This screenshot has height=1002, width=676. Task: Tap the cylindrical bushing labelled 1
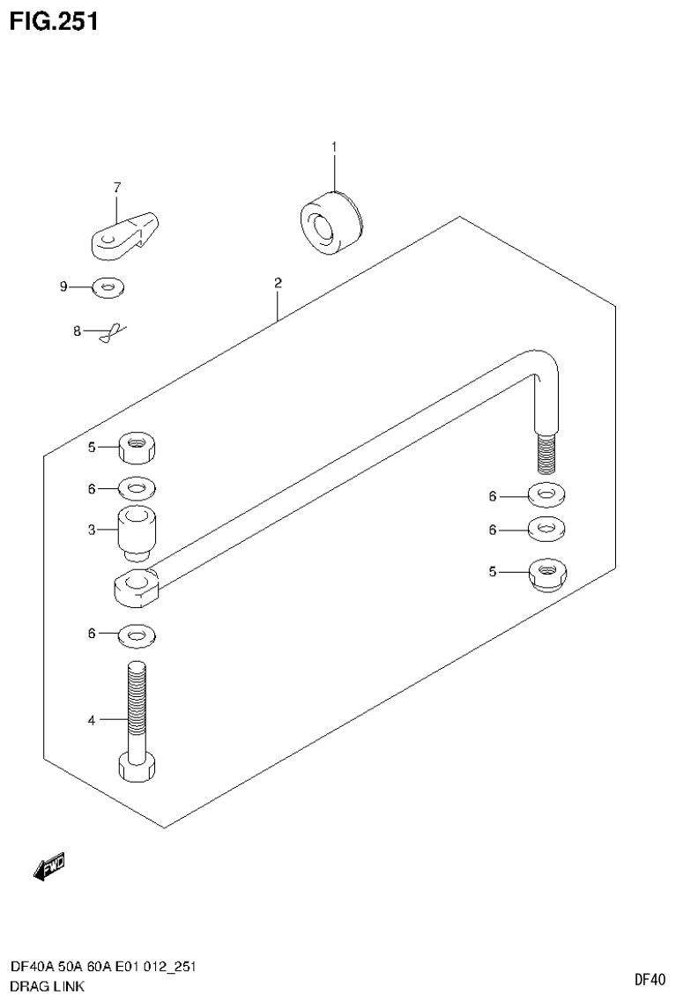point(330,222)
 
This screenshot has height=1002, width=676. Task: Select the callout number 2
point(278,284)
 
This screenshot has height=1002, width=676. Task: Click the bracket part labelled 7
point(124,234)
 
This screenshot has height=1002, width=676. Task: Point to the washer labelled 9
point(108,286)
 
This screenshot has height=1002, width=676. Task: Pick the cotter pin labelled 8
point(112,333)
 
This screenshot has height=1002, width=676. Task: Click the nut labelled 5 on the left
point(137,447)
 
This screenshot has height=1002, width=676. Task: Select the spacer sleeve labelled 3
point(137,531)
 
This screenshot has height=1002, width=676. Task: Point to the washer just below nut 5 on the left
point(137,486)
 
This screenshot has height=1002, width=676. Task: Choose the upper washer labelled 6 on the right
point(547,495)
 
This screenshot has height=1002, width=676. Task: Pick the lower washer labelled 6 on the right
point(547,529)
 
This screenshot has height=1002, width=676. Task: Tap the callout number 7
point(116,187)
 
